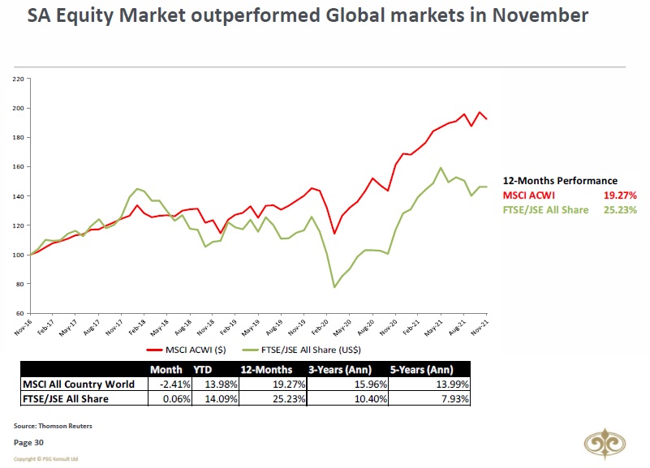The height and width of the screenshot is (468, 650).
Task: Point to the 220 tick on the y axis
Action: tap(17, 79)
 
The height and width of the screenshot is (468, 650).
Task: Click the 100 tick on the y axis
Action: tap(17, 255)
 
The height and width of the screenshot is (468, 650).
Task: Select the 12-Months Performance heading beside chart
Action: tap(560, 181)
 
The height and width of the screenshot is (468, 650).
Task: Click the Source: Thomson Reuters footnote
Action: tap(52, 425)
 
